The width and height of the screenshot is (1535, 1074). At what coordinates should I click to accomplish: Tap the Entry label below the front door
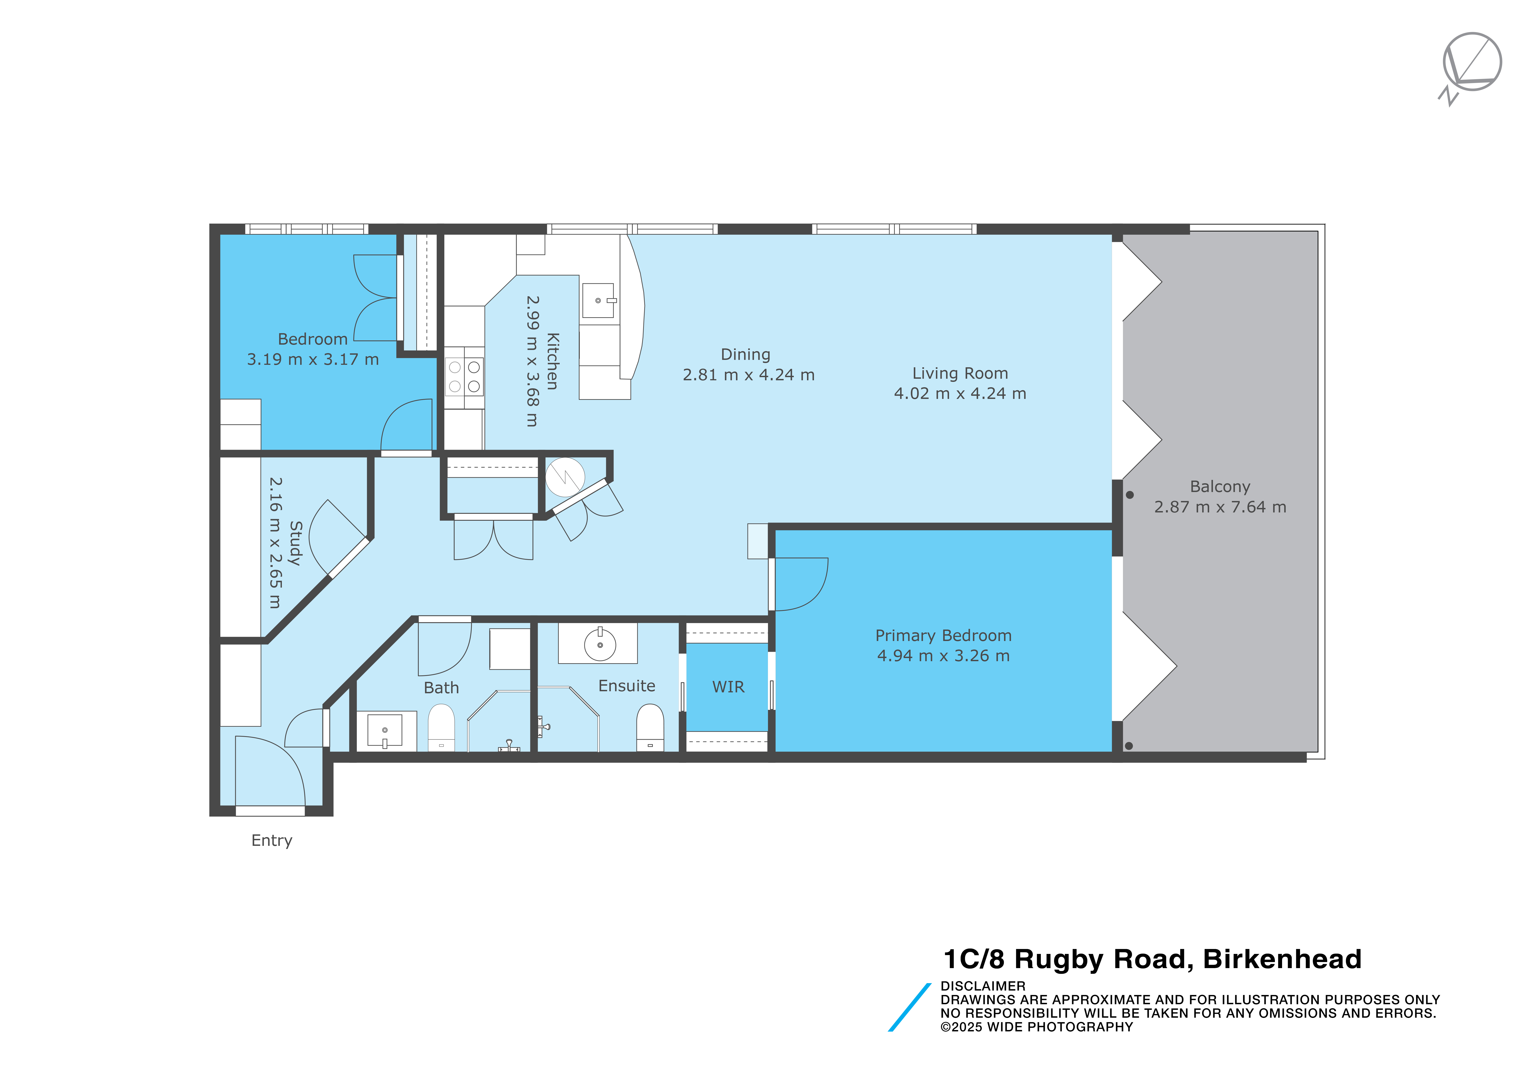(x=272, y=841)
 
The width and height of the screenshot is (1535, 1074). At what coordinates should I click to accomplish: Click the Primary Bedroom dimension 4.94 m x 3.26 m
(x=943, y=656)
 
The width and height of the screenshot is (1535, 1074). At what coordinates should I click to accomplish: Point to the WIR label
(x=728, y=687)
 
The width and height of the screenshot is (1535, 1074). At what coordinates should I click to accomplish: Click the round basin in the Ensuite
(x=600, y=645)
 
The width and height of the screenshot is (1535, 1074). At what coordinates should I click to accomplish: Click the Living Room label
(x=960, y=374)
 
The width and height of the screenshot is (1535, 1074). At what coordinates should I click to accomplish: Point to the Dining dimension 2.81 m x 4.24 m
(x=749, y=375)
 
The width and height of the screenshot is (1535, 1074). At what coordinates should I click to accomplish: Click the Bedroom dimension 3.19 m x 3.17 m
(x=313, y=360)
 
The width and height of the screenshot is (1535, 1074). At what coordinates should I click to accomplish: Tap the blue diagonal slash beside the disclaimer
(x=909, y=1007)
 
